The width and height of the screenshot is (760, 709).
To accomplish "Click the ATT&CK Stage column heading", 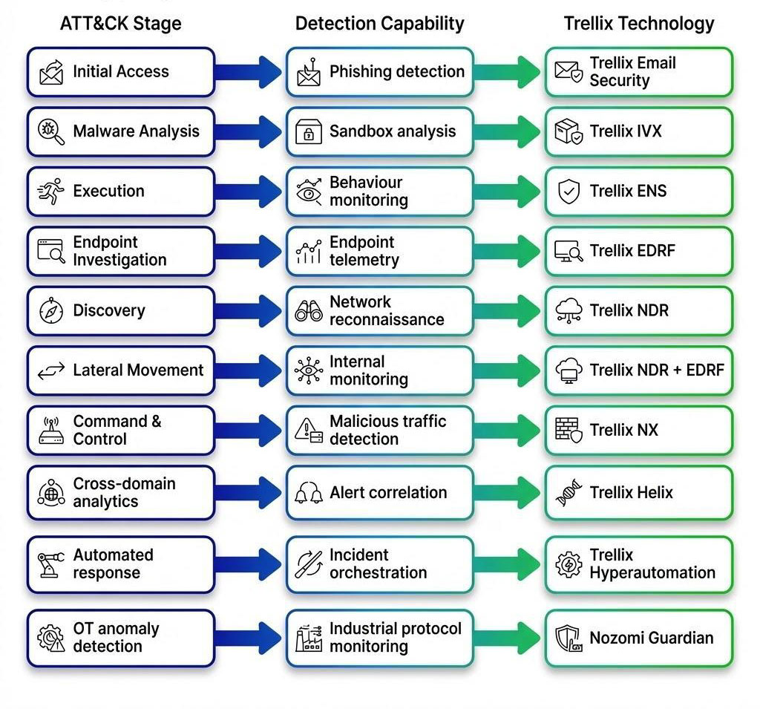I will (x=120, y=23).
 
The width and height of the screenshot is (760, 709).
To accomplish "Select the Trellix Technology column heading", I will (x=638, y=23).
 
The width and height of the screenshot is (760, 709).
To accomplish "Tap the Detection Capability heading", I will (x=379, y=23).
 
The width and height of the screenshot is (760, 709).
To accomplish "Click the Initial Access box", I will (x=120, y=72).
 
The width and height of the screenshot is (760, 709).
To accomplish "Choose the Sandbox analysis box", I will (x=379, y=131).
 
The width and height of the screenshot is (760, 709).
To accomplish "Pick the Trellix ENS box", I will (x=638, y=192).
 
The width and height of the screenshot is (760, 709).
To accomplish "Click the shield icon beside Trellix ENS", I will (x=569, y=192).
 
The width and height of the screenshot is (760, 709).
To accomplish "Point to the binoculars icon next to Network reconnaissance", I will (x=308, y=311).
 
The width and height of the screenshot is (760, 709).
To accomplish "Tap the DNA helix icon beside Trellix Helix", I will (x=569, y=492).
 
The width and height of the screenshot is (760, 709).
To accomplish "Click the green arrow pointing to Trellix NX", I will (x=509, y=431).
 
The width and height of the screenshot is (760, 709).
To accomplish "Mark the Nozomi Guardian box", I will (x=638, y=638).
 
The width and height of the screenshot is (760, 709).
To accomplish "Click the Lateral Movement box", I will (x=120, y=370).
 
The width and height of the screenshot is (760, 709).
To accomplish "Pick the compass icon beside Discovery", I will (x=50, y=311).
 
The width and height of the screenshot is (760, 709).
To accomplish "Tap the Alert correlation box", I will (x=379, y=492).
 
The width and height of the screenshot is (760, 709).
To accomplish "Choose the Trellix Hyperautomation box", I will (x=638, y=564).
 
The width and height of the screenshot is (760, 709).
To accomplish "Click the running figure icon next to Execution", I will (x=50, y=192).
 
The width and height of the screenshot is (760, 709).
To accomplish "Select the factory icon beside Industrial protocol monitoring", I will (x=308, y=638).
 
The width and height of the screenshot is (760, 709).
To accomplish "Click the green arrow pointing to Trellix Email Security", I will (x=509, y=72).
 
